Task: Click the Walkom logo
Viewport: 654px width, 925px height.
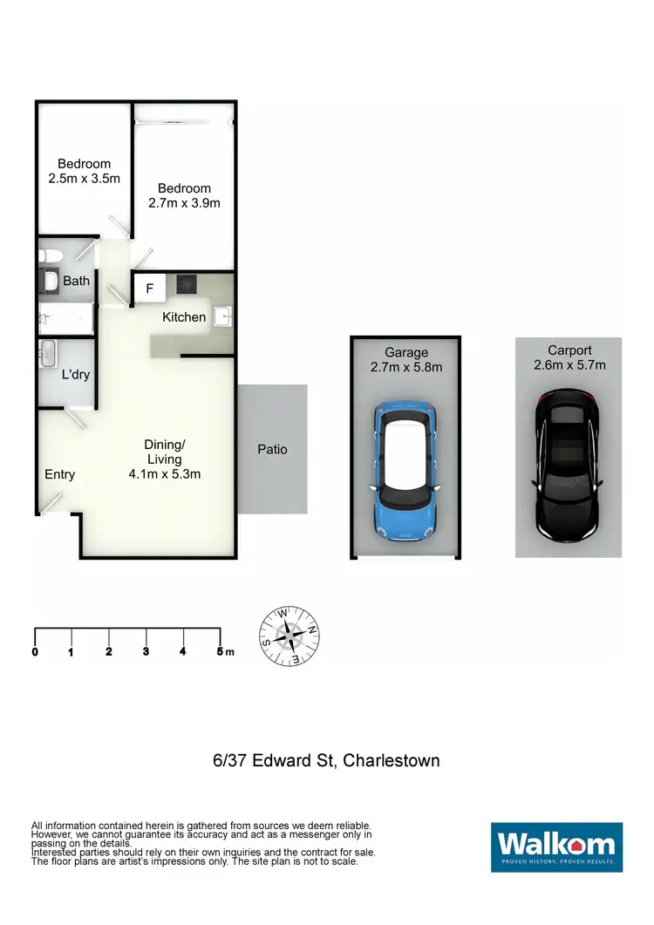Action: [556, 847]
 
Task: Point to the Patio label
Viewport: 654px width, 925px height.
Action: [272, 450]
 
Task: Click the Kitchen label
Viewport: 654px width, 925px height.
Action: [184, 317]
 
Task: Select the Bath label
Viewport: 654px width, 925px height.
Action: [77, 281]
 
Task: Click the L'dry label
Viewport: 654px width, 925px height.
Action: [76, 375]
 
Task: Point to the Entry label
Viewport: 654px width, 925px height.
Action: [59, 475]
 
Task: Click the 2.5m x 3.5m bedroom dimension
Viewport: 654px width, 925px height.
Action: [84, 179]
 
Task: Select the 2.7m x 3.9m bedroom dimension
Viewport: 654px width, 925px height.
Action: [184, 203]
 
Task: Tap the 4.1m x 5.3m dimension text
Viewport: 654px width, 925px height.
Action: [165, 475]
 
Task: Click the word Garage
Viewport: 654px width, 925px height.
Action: [406, 352]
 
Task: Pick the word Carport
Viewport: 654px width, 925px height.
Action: [569, 351]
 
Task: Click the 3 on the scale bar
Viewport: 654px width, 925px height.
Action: [146, 652]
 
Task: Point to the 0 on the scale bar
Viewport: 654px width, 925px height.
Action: [35, 652]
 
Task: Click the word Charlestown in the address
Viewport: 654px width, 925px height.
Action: [392, 760]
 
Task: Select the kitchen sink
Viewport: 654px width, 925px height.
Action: [222, 316]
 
